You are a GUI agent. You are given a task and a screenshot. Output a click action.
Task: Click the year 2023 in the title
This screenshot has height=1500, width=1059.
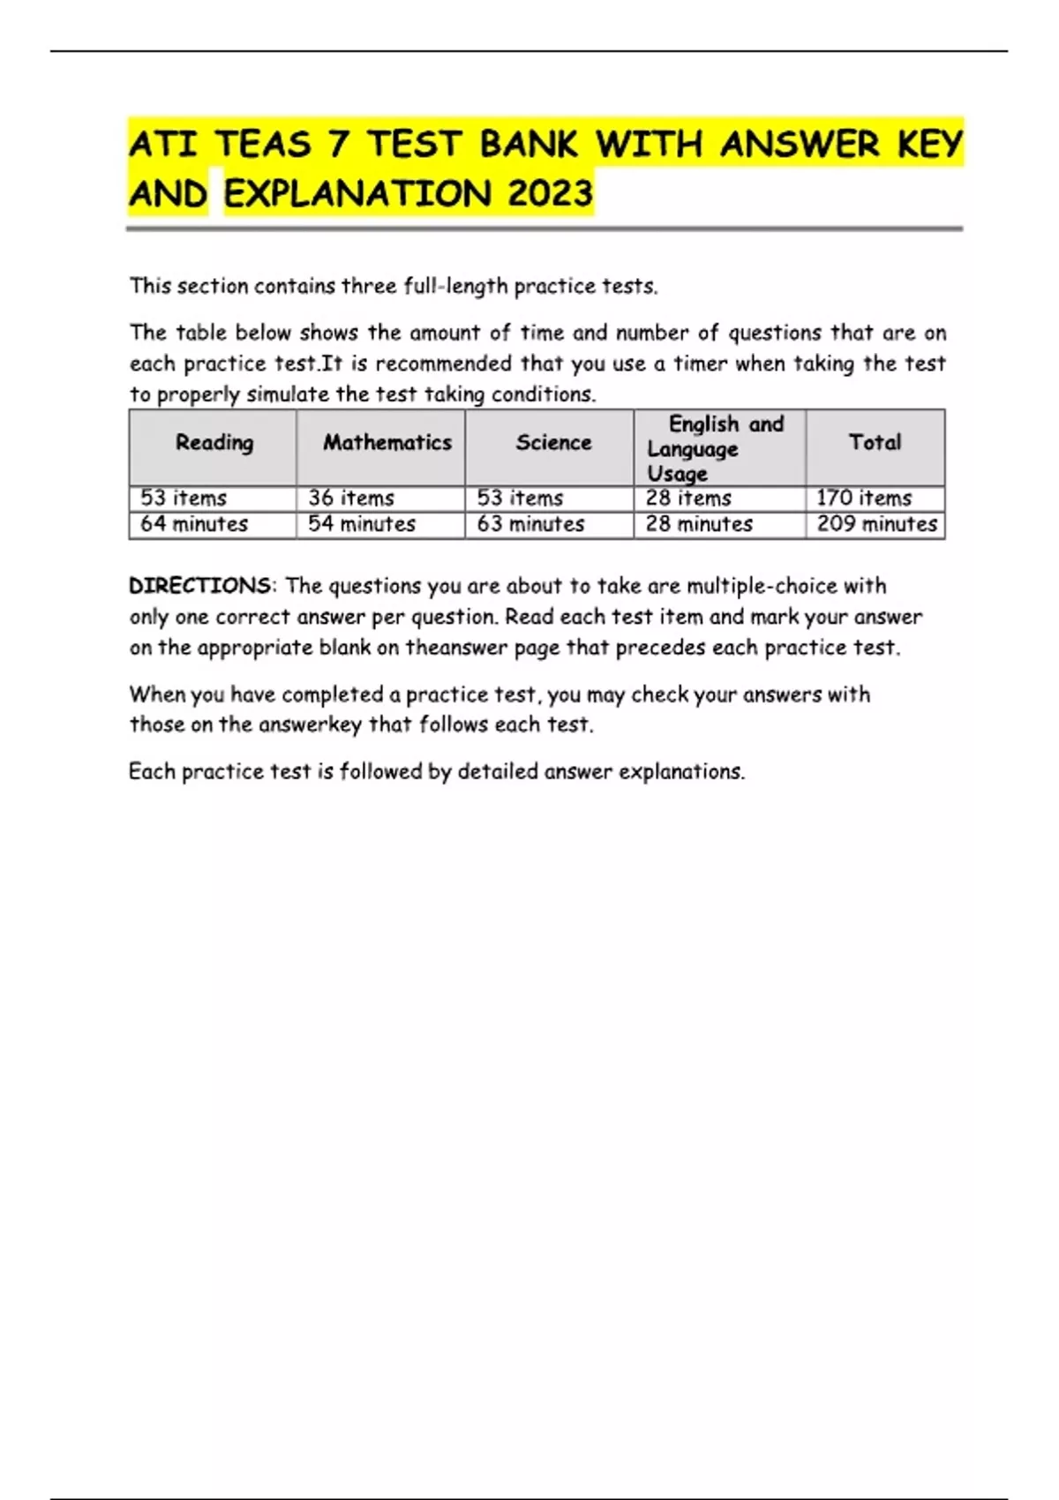click(x=550, y=193)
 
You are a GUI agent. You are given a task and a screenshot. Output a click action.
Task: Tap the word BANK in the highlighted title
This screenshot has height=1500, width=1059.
click(x=529, y=145)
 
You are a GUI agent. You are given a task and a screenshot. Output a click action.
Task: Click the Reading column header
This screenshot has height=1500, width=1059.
click(x=214, y=443)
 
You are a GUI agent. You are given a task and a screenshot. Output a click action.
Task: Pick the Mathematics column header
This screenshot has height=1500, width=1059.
click(x=387, y=443)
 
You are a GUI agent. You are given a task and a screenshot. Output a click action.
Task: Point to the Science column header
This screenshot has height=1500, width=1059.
click(x=553, y=443)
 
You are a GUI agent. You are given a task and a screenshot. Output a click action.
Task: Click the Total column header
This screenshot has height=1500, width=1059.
click(x=875, y=443)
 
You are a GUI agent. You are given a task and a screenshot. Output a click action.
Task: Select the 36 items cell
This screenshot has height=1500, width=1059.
click(x=351, y=499)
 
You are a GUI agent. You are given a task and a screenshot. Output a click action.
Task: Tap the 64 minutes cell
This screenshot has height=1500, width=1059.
click(x=194, y=524)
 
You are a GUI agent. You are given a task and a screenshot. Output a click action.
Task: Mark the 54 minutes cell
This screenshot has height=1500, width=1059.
click(x=362, y=524)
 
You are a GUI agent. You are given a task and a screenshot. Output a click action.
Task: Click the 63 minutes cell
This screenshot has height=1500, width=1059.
click(x=530, y=524)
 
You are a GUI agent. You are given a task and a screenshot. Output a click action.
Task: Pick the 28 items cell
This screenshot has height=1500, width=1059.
click(x=688, y=499)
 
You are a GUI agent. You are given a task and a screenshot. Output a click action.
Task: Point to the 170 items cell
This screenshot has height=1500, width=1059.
click(x=864, y=499)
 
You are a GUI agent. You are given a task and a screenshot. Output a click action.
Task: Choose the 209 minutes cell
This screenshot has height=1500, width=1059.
click(x=876, y=524)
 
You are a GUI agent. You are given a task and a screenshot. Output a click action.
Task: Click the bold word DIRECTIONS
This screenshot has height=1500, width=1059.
click(x=200, y=586)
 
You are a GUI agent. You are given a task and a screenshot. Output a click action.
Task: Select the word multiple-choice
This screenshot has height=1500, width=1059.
click(x=762, y=586)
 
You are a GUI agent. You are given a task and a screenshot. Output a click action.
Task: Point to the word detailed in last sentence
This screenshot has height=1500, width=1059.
click(x=497, y=771)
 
